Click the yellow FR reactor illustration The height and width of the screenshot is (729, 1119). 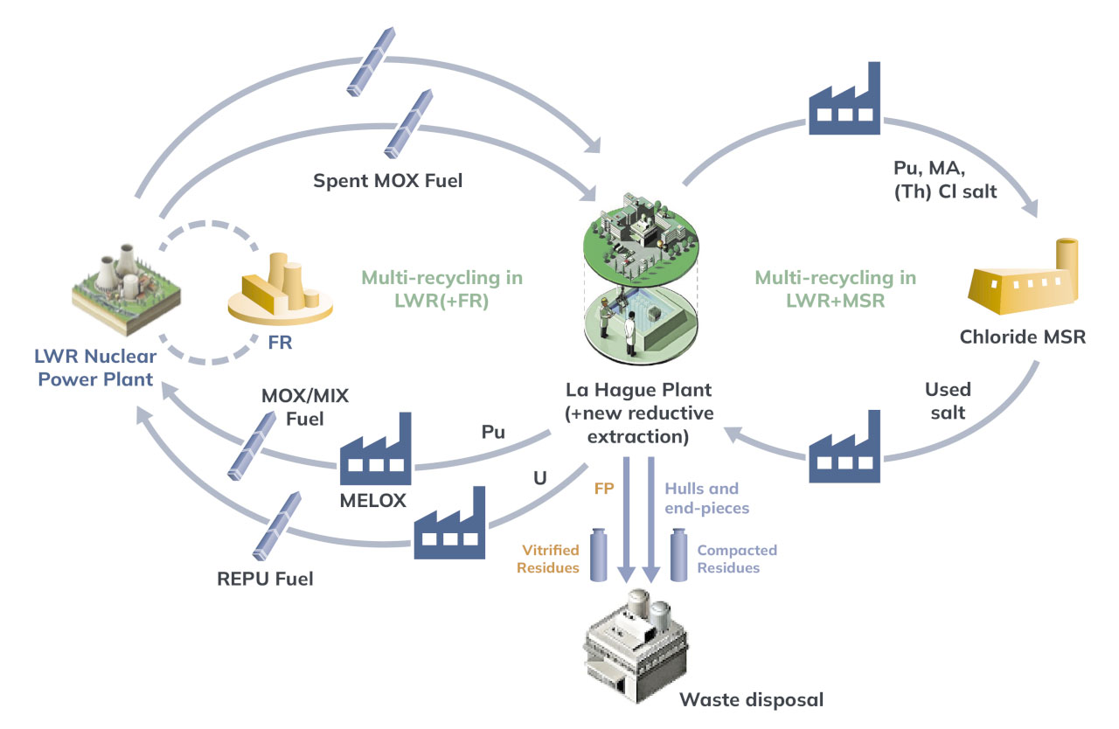pyautogui.click(x=281, y=286)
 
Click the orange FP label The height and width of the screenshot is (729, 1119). pyautogui.click(x=603, y=489)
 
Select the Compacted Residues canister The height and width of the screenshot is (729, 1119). pyautogui.click(x=680, y=554)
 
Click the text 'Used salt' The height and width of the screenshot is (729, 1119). pyautogui.click(x=948, y=400)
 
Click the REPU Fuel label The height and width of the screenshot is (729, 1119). pyautogui.click(x=266, y=578)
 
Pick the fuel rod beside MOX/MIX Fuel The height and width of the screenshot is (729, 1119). pyautogui.click(x=254, y=445)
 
